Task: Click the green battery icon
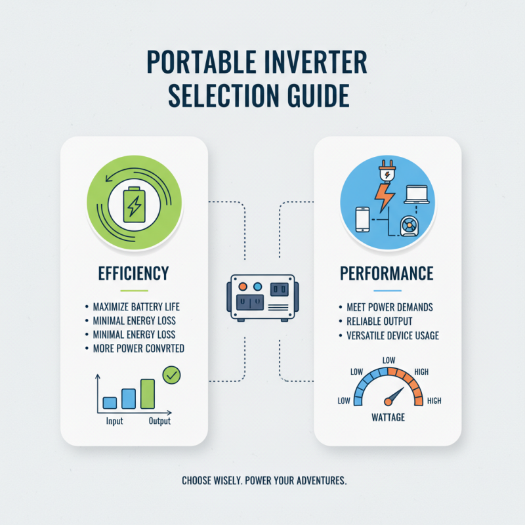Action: (x=135, y=203)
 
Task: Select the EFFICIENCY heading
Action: (x=135, y=273)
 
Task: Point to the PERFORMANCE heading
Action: (x=387, y=273)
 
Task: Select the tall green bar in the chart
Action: (x=148, y=394)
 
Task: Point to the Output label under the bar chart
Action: (x=159, y=421)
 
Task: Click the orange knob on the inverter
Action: (x=243, y=287)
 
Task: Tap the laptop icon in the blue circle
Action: (x=416, y=194)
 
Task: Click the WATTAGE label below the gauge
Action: (x=388, y=417)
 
